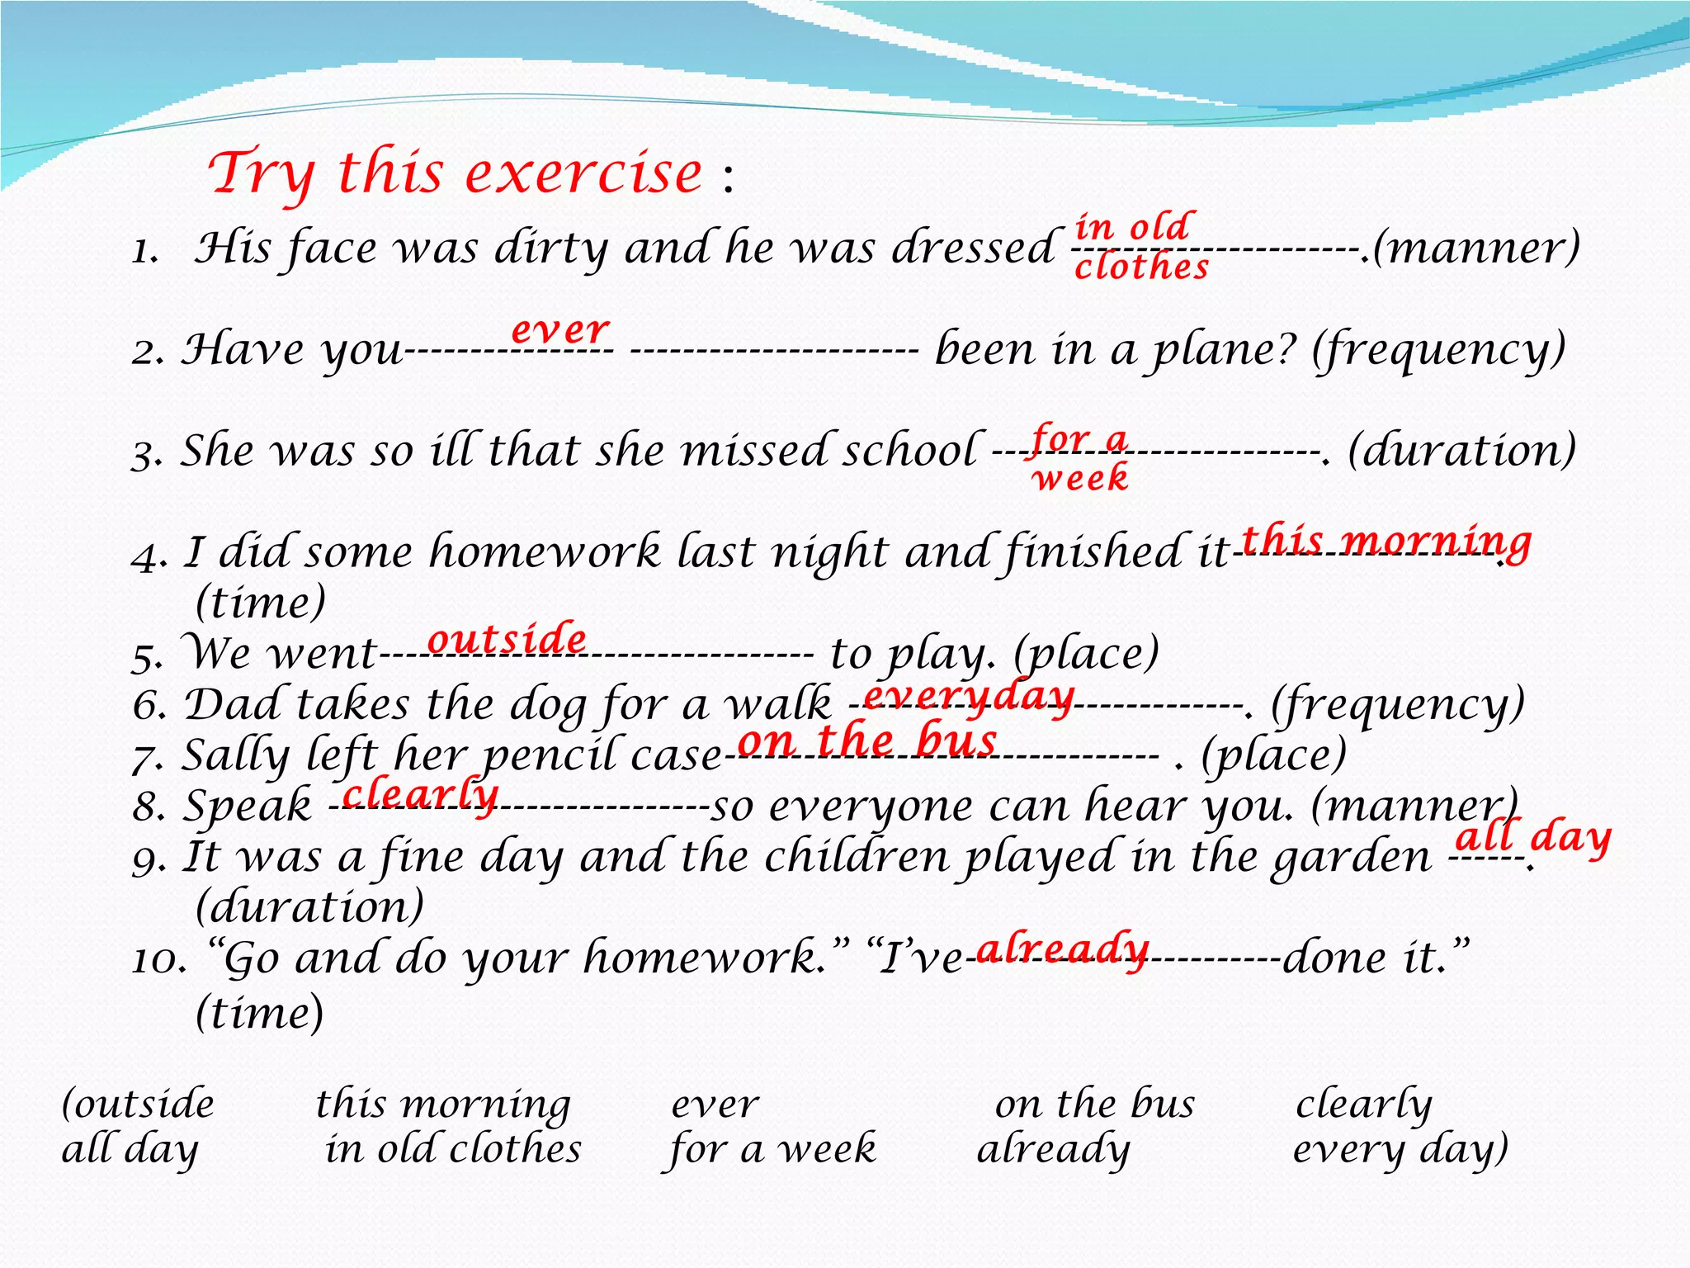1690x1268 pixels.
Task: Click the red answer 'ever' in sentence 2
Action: click(560, 330)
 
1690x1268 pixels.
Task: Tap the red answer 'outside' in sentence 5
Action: click(507, 640)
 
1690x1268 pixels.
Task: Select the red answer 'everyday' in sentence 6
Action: click(969, 698)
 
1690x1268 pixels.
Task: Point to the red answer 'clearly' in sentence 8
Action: click(420, 794)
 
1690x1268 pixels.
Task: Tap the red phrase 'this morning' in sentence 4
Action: click(1386, 542)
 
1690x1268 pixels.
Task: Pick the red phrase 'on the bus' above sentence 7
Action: click(867, 740)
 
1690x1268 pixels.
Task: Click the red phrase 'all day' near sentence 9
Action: click(1532, 839)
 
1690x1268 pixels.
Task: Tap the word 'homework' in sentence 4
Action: click(545, 552)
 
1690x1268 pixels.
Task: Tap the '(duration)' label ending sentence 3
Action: click(1461, 451)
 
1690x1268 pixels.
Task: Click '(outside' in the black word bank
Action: click(139, 1105)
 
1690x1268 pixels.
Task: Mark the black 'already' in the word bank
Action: click(1054, 1149)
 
